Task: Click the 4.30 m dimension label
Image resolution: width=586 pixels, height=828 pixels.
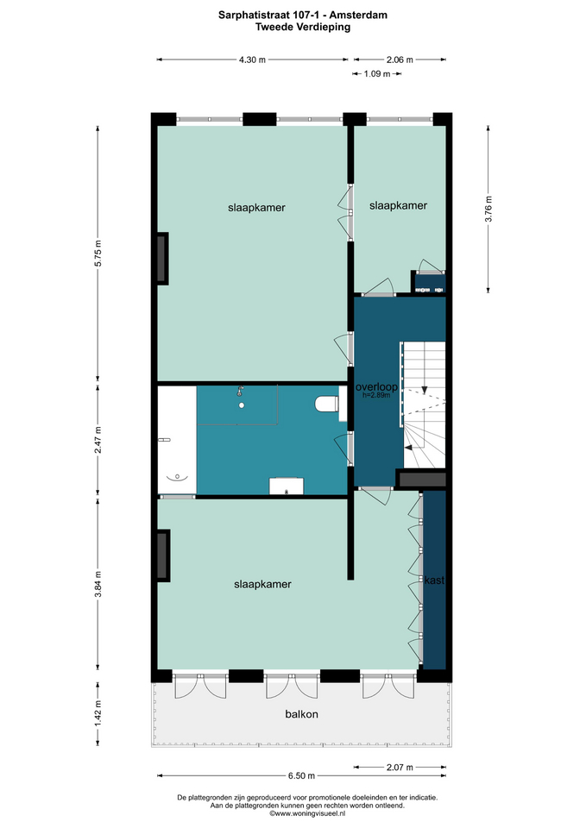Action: [252, 60]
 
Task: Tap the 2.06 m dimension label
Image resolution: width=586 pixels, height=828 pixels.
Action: [400, 60]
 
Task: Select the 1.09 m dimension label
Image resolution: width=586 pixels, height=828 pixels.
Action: [377, 74]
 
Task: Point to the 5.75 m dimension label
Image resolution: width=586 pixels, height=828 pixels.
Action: [98, 254]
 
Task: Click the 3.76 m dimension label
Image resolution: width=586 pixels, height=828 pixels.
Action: [488, 210]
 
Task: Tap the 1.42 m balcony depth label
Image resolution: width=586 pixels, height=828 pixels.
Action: [98, 713]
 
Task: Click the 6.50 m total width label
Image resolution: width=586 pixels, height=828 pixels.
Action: [302, 775]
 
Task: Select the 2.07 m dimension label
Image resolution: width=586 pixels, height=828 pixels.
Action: [400, 767]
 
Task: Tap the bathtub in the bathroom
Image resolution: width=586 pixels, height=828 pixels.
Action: [177, 440]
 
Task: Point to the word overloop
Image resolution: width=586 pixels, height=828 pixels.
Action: [376, 387]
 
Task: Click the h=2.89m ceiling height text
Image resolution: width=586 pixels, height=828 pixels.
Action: [376, 395]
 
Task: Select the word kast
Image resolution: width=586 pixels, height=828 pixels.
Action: [434, 580]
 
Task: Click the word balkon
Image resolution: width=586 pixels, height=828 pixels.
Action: [302, 714]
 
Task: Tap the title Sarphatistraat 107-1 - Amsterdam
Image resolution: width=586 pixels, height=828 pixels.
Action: [303, 16]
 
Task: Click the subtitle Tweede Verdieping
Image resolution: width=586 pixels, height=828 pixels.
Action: [303, 27]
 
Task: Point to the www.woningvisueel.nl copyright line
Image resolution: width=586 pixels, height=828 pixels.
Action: [307, 813]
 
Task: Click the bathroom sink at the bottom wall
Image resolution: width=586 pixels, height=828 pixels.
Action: [287, 486]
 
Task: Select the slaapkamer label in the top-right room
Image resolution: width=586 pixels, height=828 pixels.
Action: [398, 205]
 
